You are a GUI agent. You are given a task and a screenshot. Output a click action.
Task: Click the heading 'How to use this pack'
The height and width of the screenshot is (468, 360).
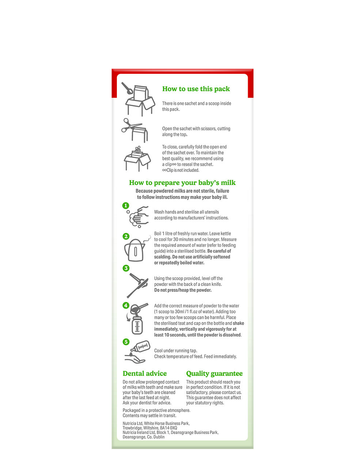[196, 89]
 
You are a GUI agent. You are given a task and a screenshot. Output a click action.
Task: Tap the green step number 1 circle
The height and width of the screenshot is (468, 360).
[126, 205]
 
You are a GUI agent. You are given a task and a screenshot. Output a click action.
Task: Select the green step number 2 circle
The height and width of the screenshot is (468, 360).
[126, 236]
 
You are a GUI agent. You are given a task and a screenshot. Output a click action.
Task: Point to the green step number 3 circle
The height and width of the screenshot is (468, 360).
[126, 268]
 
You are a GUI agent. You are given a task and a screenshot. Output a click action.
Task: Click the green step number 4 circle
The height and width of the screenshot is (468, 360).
[126, 305]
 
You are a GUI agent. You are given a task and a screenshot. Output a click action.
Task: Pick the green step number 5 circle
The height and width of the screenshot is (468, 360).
[126, 342]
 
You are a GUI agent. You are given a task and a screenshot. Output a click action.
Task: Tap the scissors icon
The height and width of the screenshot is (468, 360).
[131, 125]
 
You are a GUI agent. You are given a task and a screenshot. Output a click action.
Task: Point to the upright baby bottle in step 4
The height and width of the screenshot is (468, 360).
[137, 325]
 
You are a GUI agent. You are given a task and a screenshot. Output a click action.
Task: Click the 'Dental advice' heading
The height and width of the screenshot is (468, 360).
[145, 373]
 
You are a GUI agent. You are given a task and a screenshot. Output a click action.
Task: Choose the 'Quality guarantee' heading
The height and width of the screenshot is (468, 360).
[214, 373]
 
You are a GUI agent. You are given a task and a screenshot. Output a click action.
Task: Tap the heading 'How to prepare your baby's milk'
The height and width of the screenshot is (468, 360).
[182, 183]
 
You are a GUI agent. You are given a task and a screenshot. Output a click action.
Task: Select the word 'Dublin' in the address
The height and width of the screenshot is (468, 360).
[159, 437]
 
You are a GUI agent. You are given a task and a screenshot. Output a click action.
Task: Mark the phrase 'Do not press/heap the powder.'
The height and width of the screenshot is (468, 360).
[183, 290]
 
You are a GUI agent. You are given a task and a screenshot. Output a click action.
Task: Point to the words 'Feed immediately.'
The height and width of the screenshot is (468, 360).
[220, 356]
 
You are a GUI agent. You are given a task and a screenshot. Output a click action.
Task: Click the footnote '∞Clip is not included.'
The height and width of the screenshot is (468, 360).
[181, 170]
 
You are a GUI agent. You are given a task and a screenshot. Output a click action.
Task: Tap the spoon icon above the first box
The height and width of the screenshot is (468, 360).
[127, 88]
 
